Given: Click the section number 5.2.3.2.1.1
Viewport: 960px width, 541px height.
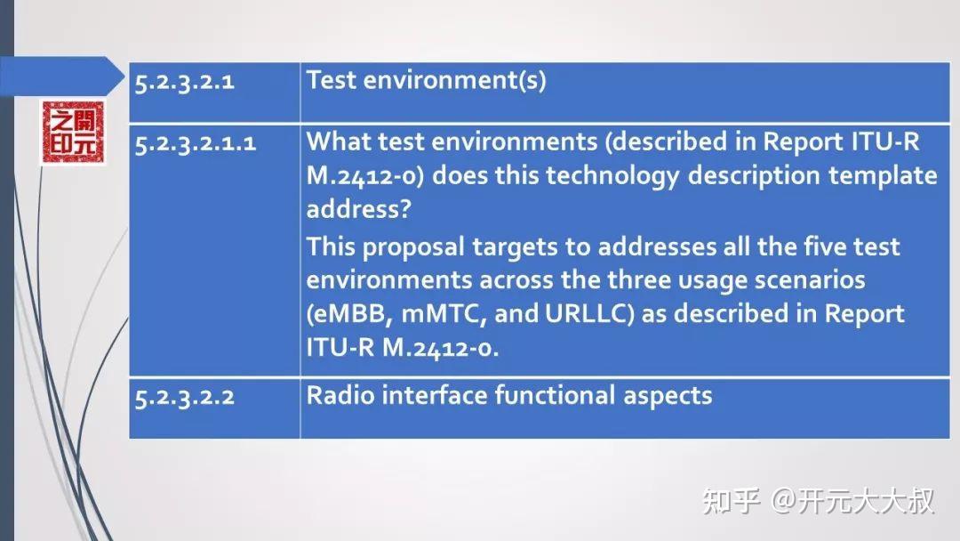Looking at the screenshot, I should tap(196, 143).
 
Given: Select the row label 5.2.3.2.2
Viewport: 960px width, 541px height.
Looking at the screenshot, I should tap(185, 397).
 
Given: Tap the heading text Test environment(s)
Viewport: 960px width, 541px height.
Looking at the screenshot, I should tap(426, 81).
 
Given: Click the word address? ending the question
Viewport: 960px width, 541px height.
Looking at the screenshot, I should tap(349, 208).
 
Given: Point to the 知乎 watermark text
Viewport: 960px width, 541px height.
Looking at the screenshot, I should tap(731, 501).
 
